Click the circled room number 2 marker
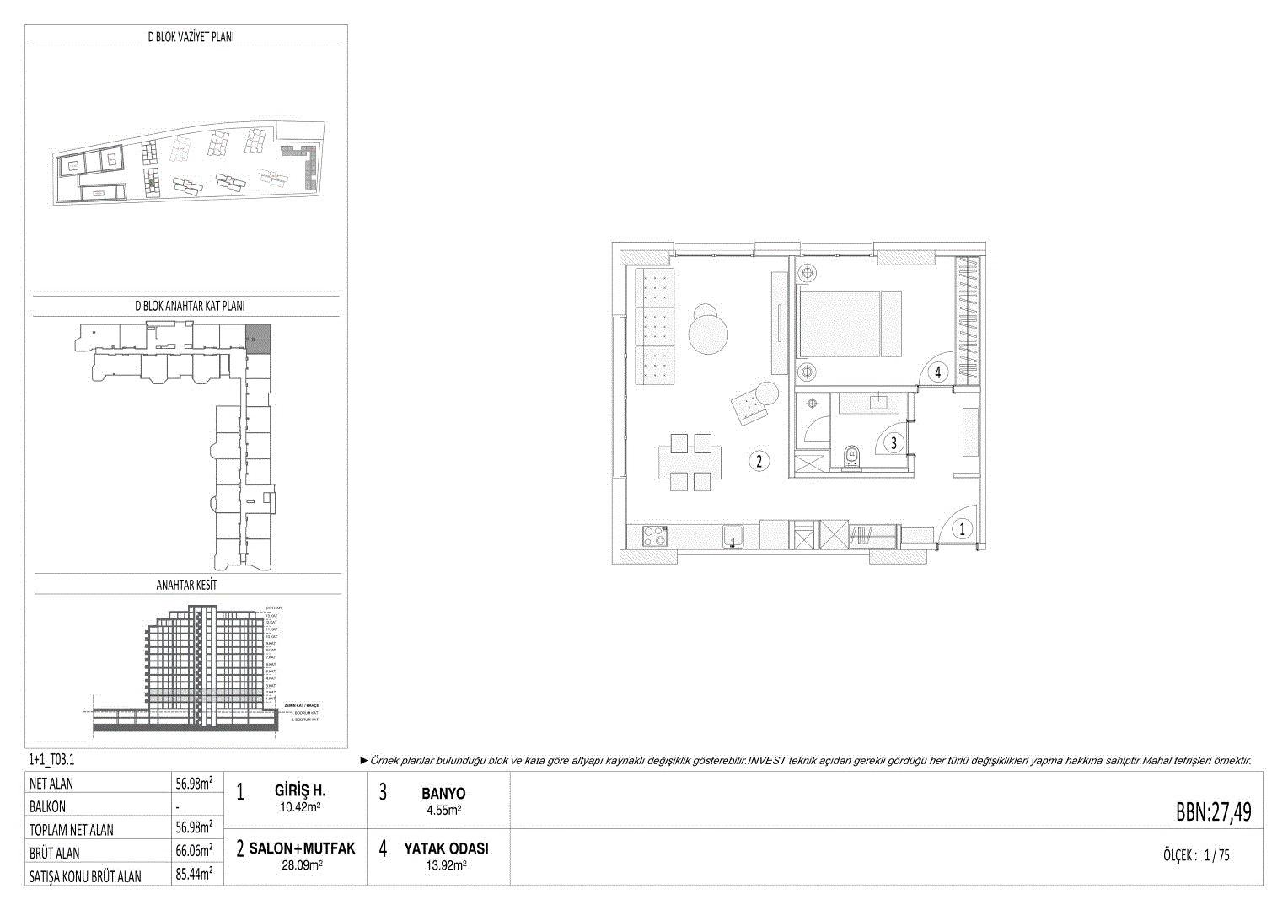(x=759, y=461)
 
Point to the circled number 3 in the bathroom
(x=893, y=441)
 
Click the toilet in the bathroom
(x=851, y=457)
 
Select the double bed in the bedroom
(x=849, y=325)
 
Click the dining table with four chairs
(x=690, y=462)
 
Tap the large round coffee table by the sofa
(x=708, y=333)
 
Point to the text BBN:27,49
(x=1213, y=812)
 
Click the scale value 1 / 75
(x=1217, y=855)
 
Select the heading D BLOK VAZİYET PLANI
(x=190, y=36)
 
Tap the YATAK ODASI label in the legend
(x=446, y=849)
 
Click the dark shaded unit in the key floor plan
(x=256, y=338)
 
